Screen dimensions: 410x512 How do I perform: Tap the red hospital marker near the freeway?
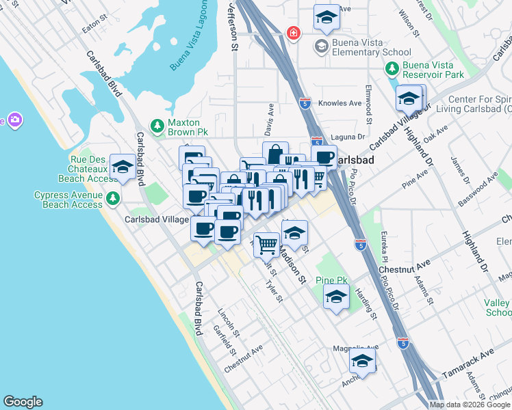click(x=294, y=33)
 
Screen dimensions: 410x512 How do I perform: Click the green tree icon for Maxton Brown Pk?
click(x=157, y=125)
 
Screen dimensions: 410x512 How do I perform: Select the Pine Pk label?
click(x=332, y=281)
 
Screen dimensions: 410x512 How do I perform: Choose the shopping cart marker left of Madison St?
click(x=266, y=243)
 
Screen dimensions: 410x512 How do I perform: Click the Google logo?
click(x=23, y=402)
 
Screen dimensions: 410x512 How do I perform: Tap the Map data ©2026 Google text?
click(x=469, y=405)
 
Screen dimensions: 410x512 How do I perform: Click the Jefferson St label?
click(x=233, y=27)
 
